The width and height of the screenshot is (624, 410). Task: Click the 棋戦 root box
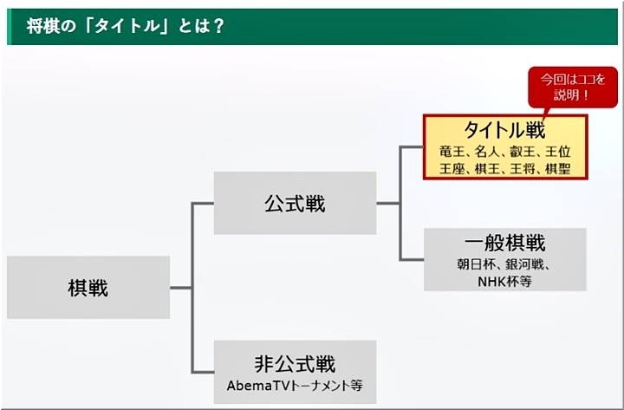pyautogui.click(x=88, y=288)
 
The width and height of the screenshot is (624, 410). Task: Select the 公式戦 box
pyautogui.click(x=295, y=204)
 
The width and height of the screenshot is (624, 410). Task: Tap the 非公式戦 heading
pyautogui.click(x=295, y=363)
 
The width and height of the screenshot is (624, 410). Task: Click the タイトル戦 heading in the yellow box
pyautogui.click(x=504, y=131)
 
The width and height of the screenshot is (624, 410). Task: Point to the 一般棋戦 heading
pyautogui.click(x=504, y=243)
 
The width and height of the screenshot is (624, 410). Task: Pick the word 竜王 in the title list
pyautogui.click(x=453, y=152)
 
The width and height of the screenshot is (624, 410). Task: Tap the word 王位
pyautogui.click(x=556, y=152)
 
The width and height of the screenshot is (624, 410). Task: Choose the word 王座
pyautogui.click(x=453, y=168)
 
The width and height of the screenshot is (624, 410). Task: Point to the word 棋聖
pyautogui.click(x=556, y=168)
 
